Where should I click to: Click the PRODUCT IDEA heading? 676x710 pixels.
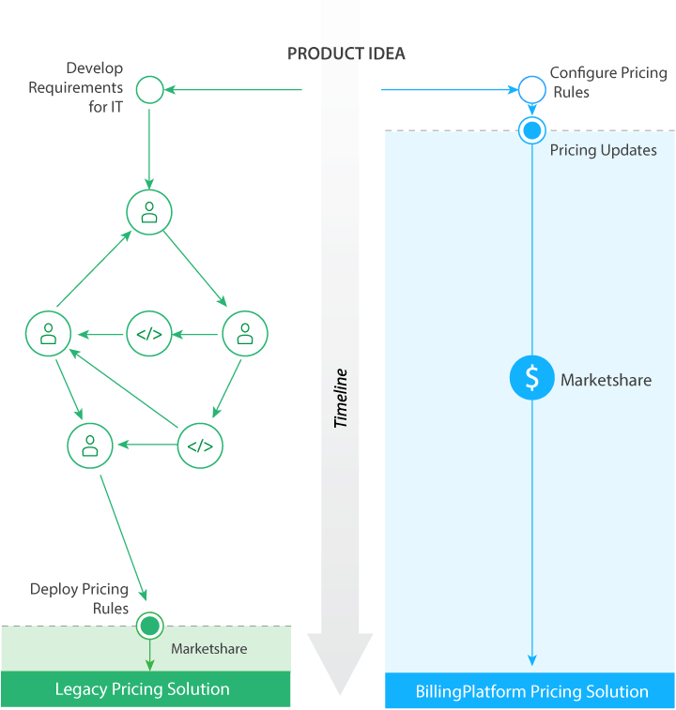pos(346,53)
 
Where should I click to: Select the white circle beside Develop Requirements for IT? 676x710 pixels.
pos(150,90)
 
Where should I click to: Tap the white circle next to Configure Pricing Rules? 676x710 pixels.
pos(531,90)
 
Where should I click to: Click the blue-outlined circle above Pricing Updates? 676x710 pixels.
pos(532,129)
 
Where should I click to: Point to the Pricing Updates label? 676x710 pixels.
pos(603,150)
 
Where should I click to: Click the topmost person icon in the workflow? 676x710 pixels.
pos(149,213)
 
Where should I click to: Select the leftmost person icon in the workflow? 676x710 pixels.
pos(48,333)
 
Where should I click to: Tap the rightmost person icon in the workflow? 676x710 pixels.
pos(244,333)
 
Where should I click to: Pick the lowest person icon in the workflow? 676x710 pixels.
pos(90,446)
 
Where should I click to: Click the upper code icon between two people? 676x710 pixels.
pos(149,334)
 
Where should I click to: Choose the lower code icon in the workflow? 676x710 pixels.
pos(200,446)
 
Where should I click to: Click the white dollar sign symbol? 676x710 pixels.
pos(532,378)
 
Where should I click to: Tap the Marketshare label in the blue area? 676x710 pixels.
pos(606,380)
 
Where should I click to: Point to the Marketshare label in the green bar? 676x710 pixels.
pos(208,649)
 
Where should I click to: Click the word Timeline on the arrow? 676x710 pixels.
pos(341,399)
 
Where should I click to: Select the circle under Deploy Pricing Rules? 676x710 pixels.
pos(149,626)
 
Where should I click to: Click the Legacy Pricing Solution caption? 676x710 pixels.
pos(142,689)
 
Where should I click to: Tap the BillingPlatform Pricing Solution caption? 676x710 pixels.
pos(531,691)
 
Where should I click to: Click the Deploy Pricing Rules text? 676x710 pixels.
pos(79,598)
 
